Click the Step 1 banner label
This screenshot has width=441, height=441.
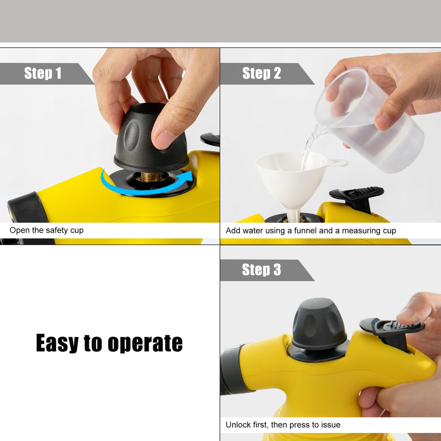pos(43,73)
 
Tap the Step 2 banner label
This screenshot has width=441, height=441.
pos(261,73)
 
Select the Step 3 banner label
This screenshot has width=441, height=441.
pos(261,270)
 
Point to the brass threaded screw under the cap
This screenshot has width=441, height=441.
pos(151,177)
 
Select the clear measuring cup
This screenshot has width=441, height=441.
pos(369,121)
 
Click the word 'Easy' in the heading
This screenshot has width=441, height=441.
pos(57,343)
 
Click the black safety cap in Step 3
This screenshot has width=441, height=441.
pos(319,325)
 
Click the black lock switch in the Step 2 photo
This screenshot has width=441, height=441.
pos(357,197)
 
